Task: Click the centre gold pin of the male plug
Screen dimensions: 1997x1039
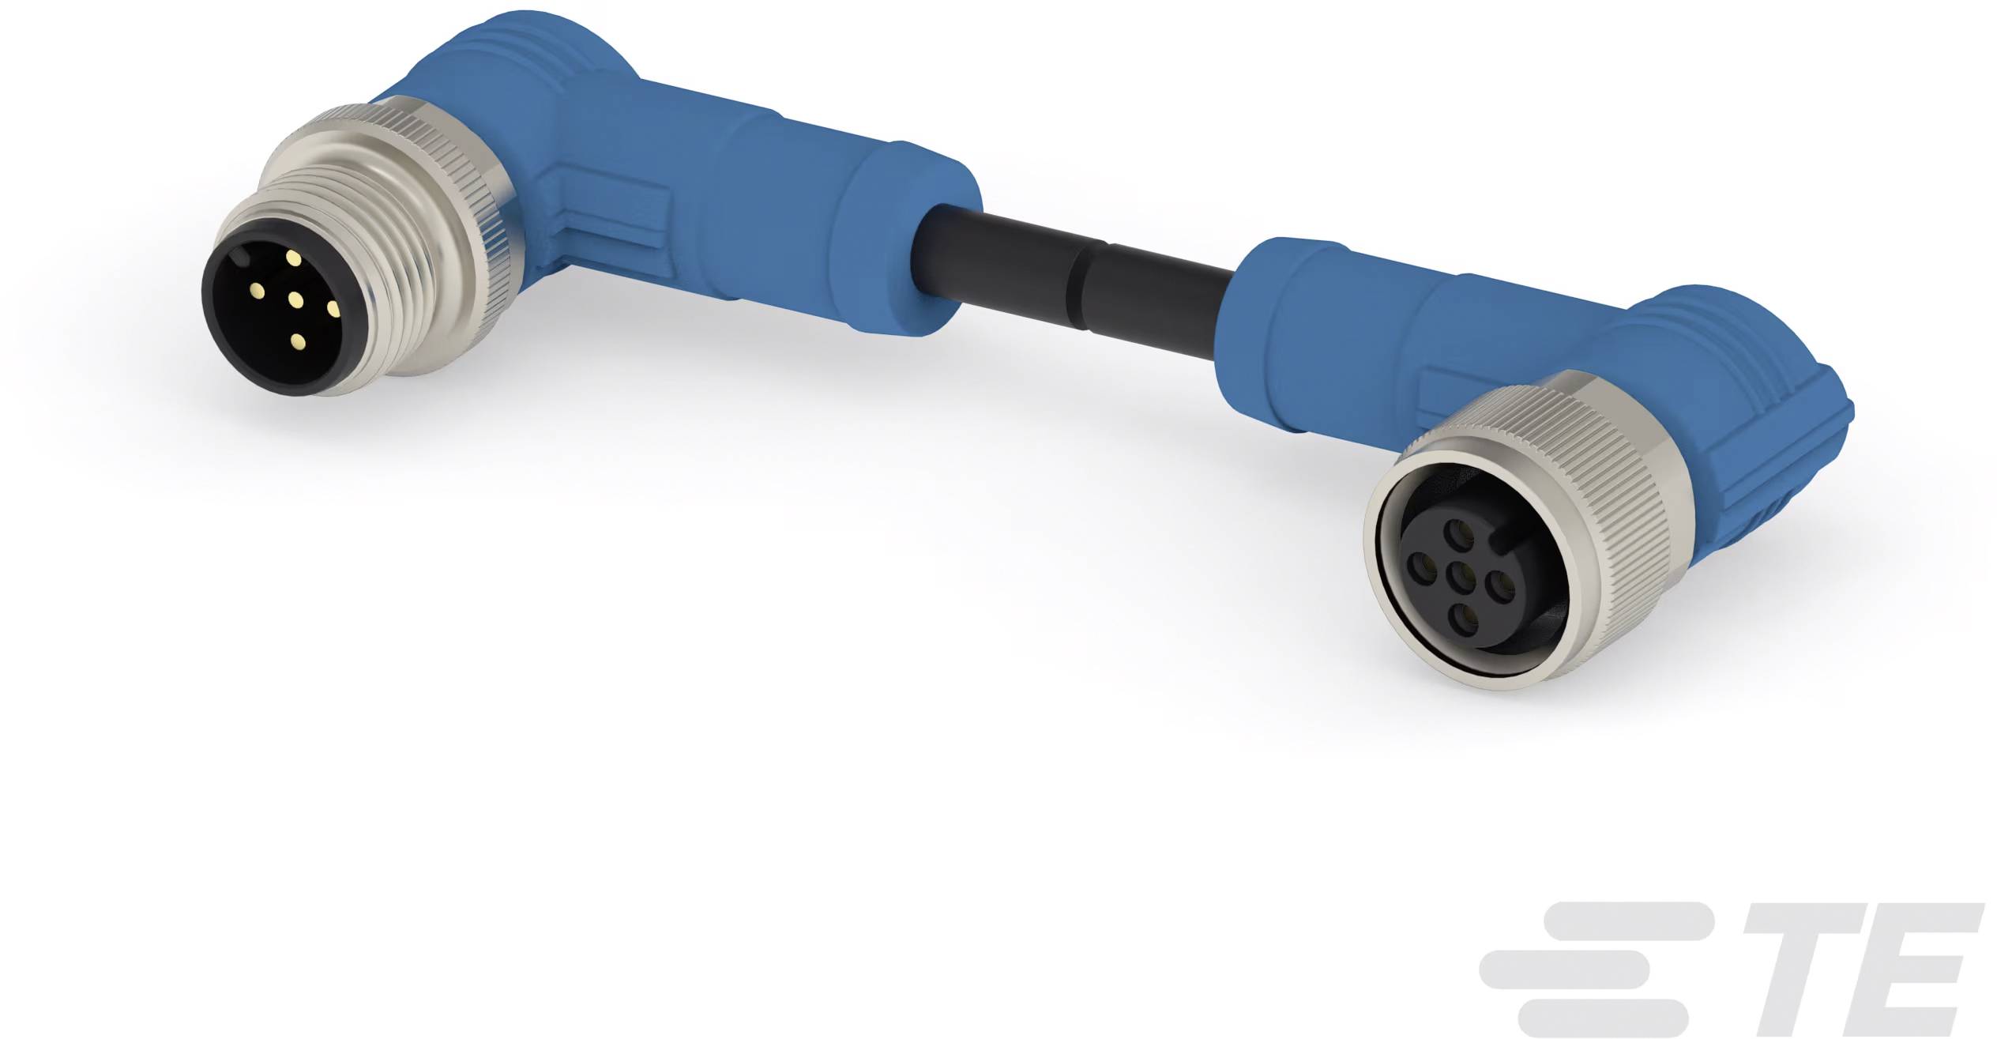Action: coord(296,299)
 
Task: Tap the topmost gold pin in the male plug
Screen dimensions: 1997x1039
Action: coord(293,258)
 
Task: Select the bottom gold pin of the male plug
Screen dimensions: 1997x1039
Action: coord(298,341)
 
